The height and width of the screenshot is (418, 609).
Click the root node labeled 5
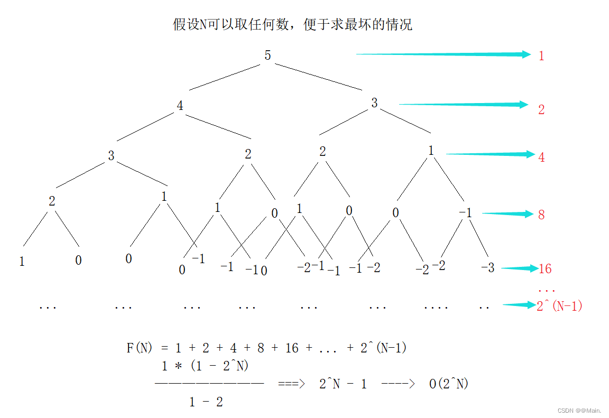click(267, 55)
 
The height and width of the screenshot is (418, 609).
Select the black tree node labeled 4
click(180, 106)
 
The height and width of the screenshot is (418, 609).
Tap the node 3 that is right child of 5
click(374, 103)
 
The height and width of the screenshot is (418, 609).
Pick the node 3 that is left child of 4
click(111, 156)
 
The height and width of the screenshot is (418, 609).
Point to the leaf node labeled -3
click(487, 268)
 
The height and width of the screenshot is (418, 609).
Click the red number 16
click(545, 269)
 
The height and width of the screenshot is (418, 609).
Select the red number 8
click(541, 215)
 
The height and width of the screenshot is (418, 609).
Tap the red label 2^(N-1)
click(559, 306)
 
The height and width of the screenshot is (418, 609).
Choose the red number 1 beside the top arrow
click(541, 56)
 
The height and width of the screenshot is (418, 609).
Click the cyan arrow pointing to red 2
click(463, 105)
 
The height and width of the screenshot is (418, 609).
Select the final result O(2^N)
click(448, 384)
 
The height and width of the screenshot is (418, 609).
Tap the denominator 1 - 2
click(206, 402)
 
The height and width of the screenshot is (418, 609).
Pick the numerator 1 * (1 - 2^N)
click(205, 366)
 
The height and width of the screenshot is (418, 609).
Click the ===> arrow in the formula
click(291, 384)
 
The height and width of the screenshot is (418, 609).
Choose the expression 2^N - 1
click(343, 384)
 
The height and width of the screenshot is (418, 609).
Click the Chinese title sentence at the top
click(292, 24)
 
